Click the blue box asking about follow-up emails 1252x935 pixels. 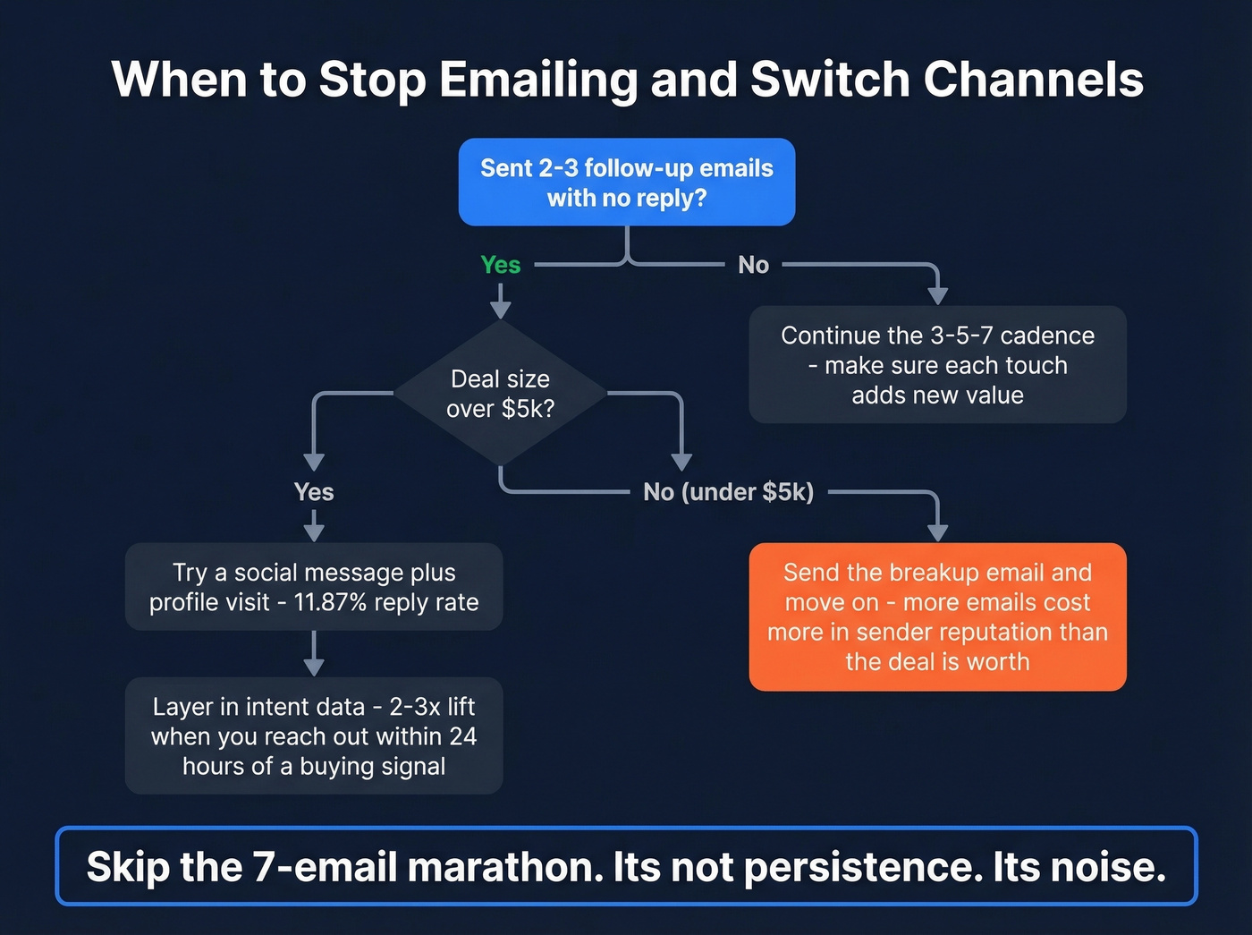tap(626, 182)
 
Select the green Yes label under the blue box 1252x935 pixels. tap(500, 265)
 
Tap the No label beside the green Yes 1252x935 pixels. tap(753, 265)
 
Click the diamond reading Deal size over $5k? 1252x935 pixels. tap(500, 394)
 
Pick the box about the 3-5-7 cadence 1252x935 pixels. tap(937, 365)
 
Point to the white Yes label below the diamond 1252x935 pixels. tap(314, 492)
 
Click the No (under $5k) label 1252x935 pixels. tap(728, 492)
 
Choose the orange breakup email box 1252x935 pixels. tap(937, 616)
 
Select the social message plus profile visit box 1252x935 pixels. tap(314, 587)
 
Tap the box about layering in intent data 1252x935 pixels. tap(314, 735)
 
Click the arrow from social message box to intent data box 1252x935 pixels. tap(314, 654)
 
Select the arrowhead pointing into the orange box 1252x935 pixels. tap(937, 532)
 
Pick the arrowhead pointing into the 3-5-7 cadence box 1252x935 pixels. tap(937, 296)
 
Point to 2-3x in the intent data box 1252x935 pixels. tap(414, 707)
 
